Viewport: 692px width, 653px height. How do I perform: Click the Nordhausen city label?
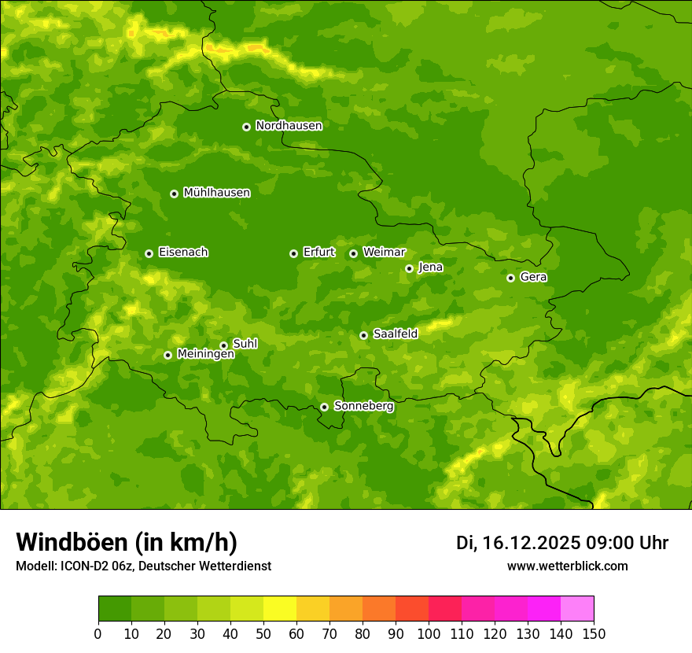click(x=289, y=126)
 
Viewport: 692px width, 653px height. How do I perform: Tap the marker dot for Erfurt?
click(x=293, y=253)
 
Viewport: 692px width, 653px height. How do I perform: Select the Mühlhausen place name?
click(x=216, y=193)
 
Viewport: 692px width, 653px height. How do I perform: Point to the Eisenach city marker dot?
click(x=149, y=253)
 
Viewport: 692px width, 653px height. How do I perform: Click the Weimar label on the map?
click(x=384, y=253)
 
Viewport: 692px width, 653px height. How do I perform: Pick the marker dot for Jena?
click(x=409, y=268)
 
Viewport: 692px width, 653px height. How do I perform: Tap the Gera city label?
click(x=533, y=277)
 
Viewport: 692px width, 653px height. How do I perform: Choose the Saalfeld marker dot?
click(x=363, y=335)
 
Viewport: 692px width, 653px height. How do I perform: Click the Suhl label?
click(x=245, y=344)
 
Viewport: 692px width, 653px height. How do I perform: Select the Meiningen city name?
click(x=205, y=354)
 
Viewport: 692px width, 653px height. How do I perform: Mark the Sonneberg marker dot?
click(x=324, y=407)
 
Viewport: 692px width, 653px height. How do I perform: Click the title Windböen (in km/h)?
click(x=127, y=542)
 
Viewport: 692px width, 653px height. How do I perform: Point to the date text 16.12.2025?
click(x=531, y=543)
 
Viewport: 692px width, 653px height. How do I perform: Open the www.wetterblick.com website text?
click(x=567, y=566)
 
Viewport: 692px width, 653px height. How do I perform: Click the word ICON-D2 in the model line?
click(x=88, y=566)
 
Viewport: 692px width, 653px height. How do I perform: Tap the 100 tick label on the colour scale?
click(x=429, y=633)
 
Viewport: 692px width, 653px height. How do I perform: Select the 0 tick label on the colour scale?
click(x=98, y=633)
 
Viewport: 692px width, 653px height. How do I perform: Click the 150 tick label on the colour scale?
click(x=593, y=633)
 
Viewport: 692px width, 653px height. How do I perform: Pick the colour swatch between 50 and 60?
click(x=280, y=609)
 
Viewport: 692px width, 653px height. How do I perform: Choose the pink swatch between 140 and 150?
click(x=577, y=609)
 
